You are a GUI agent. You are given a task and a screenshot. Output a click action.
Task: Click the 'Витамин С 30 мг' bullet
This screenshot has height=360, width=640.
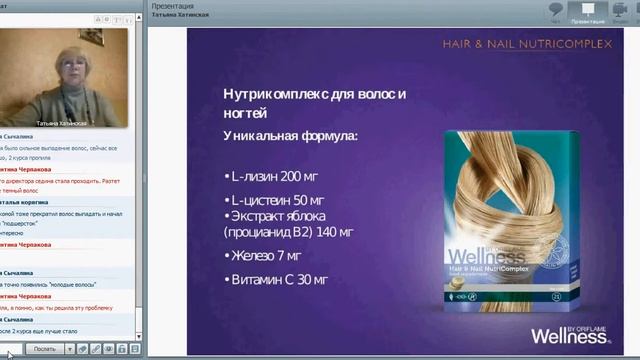(x=279, y=280)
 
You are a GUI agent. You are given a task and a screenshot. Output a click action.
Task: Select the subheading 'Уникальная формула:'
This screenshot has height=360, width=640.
(x=290, y=135)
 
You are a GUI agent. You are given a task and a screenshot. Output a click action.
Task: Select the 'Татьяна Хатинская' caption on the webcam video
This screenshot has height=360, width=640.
(x=61, y=123)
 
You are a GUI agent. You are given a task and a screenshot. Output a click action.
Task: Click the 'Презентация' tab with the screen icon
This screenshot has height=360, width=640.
(x=588, y=12)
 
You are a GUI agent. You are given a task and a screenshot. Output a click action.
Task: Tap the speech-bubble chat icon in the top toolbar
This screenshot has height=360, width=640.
(x=557, y=10)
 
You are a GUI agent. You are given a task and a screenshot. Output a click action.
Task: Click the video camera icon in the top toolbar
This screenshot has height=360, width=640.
(x=620, y=10)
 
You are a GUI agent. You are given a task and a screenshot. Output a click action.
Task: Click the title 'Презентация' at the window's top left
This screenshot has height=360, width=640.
(x=172, y=5)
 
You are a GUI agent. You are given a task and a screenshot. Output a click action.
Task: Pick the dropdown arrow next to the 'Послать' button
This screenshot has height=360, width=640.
(x=70, y=349)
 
